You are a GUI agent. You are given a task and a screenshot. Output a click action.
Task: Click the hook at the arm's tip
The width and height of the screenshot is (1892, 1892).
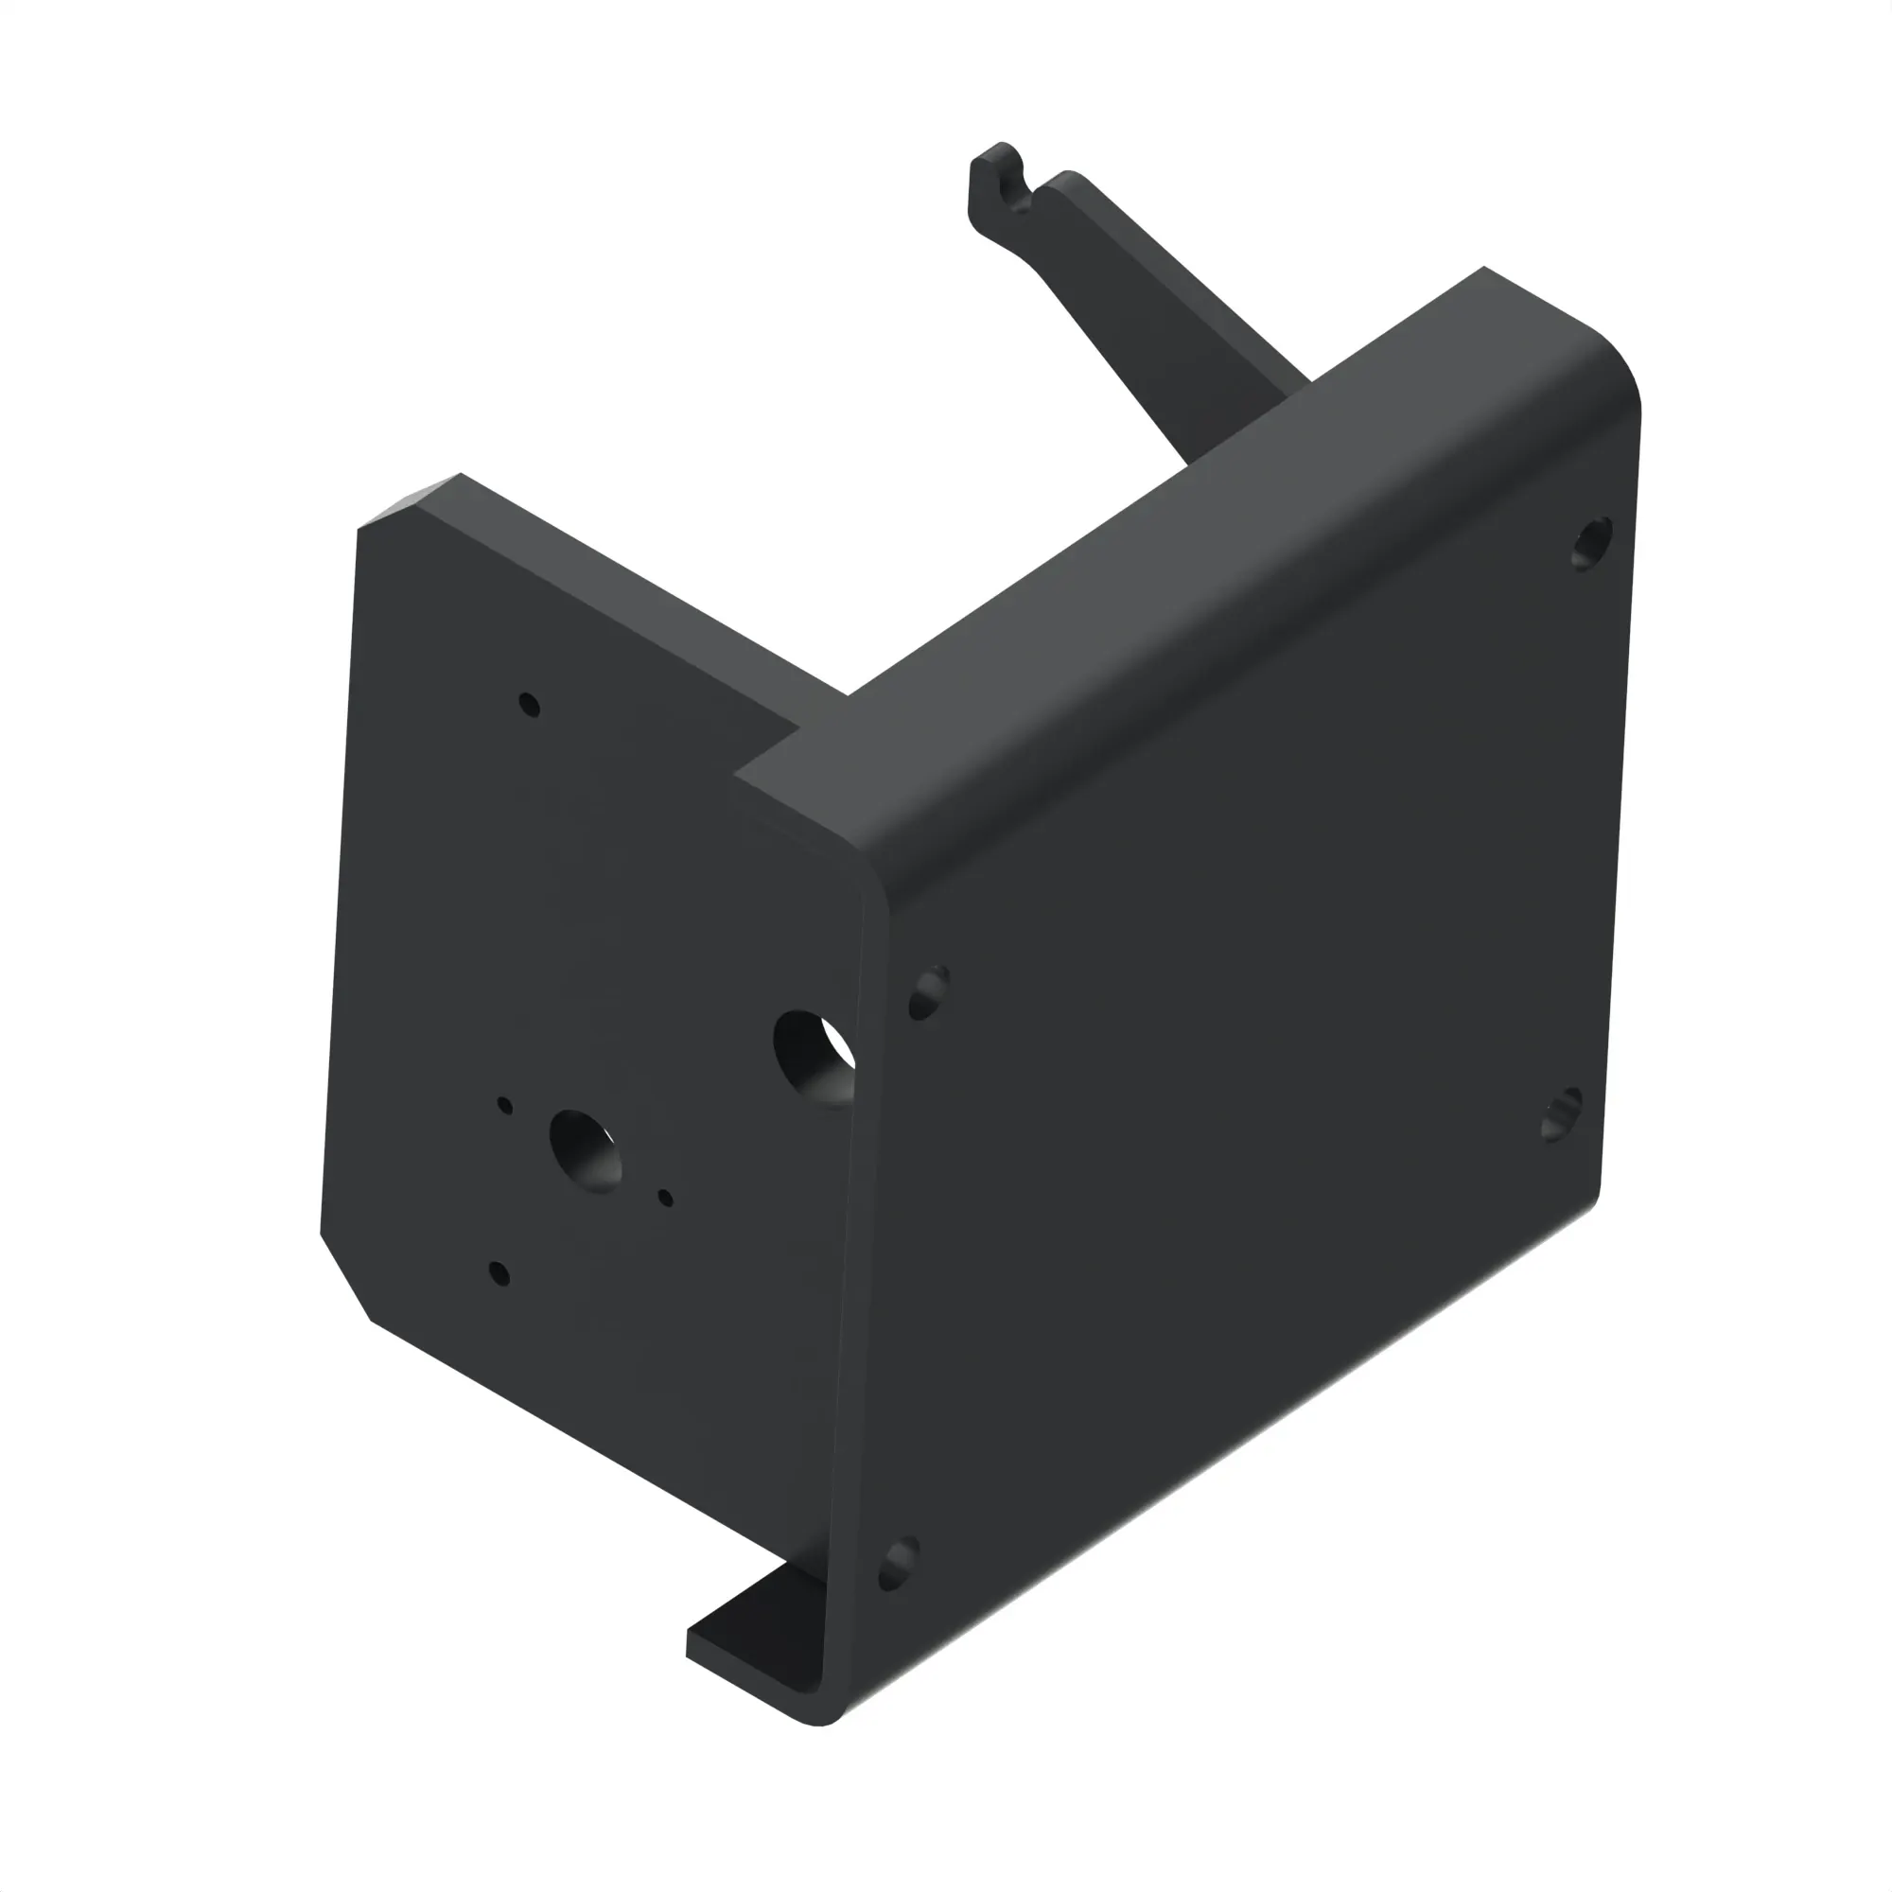tap(999, 182)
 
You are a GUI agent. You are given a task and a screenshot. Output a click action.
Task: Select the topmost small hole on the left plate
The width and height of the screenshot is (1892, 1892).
tap(530, 704)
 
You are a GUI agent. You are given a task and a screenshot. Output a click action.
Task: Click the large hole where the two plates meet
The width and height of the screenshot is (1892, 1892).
tap(813, 1058)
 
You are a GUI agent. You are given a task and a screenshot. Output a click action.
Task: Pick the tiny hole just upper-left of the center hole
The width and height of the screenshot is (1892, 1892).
tap(505, 1106)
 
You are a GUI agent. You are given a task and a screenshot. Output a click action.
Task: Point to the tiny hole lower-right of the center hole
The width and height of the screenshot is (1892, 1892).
tap(666, 1198)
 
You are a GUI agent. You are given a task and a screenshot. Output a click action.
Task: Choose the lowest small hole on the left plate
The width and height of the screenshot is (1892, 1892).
tap(499, 1273)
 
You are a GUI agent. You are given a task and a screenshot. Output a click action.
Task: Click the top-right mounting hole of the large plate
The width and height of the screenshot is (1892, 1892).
tap(1591, 544)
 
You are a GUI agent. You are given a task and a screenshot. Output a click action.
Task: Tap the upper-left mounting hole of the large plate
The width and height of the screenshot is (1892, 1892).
tap(928, 993)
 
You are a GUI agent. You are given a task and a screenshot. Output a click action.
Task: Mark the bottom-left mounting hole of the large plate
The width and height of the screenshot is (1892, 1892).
tap(898, 1565)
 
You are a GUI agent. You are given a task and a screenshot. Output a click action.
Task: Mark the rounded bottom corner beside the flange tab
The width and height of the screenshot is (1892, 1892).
tap(823, 1743)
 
